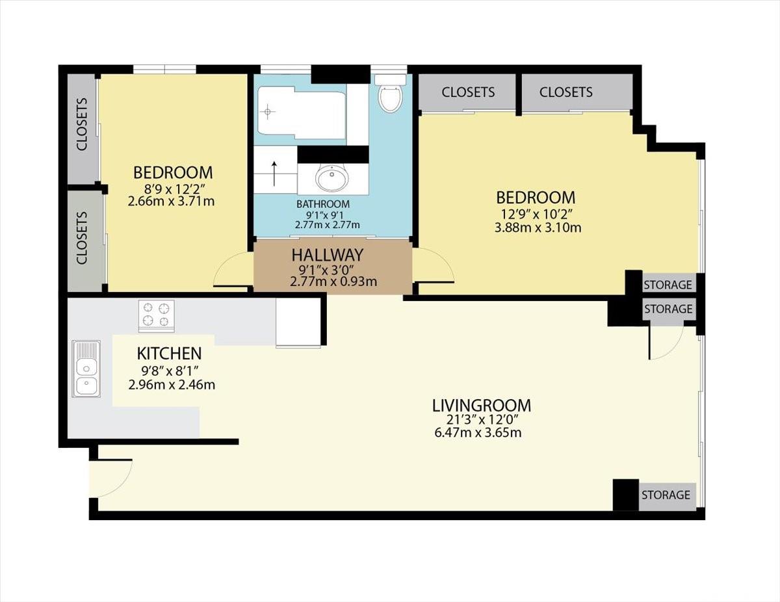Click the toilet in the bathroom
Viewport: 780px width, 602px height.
[x=390, y=94]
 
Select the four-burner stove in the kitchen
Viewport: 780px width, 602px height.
[x=157, y=316]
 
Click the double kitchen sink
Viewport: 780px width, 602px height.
[x=86, y=369]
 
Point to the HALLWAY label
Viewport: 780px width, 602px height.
[x=328, y=255]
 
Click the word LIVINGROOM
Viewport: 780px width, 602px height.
[x=482, y=405]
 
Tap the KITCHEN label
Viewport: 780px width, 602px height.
[x=169, y=354]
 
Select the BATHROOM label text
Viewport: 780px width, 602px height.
[x=323, y=204]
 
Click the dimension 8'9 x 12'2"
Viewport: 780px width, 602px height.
[x=174, y=189]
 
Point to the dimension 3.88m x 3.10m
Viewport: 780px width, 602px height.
[x=538, y=228]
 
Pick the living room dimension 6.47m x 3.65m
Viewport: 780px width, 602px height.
[x=478, y=432]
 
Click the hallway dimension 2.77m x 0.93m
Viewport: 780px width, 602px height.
[x=333, y=281]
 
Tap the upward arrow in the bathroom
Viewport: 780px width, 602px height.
[x=274, y=174]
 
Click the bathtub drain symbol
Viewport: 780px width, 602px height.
[x=268, y=112]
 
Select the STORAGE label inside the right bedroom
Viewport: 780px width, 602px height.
[x=668, y=285]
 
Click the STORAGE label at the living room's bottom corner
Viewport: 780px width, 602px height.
[x=666, y=495]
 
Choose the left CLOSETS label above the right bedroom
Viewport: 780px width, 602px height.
[x=468, y=92]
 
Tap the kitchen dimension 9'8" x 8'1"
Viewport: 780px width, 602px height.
[x=170, y=369]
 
